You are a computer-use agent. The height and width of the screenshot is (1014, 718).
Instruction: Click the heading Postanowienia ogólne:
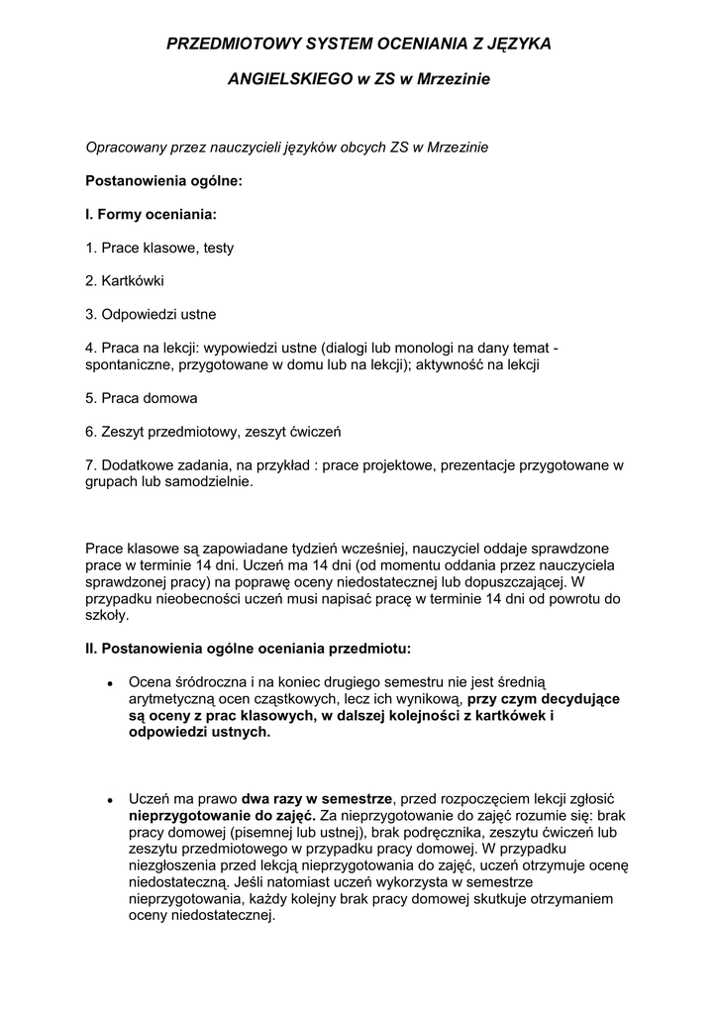point(163,181)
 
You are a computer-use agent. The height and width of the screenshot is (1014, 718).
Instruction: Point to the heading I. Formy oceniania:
point(151,214)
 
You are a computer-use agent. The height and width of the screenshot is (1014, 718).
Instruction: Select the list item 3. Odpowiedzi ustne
point(151,314)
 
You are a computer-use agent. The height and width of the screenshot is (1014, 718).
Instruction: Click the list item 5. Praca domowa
point(142,398)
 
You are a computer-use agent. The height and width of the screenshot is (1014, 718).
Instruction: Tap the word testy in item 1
point(219,248)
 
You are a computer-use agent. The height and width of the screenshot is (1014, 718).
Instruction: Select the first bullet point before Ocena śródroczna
point(109,683)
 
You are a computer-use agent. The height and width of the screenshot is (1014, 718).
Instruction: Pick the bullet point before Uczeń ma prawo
point(109,799)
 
